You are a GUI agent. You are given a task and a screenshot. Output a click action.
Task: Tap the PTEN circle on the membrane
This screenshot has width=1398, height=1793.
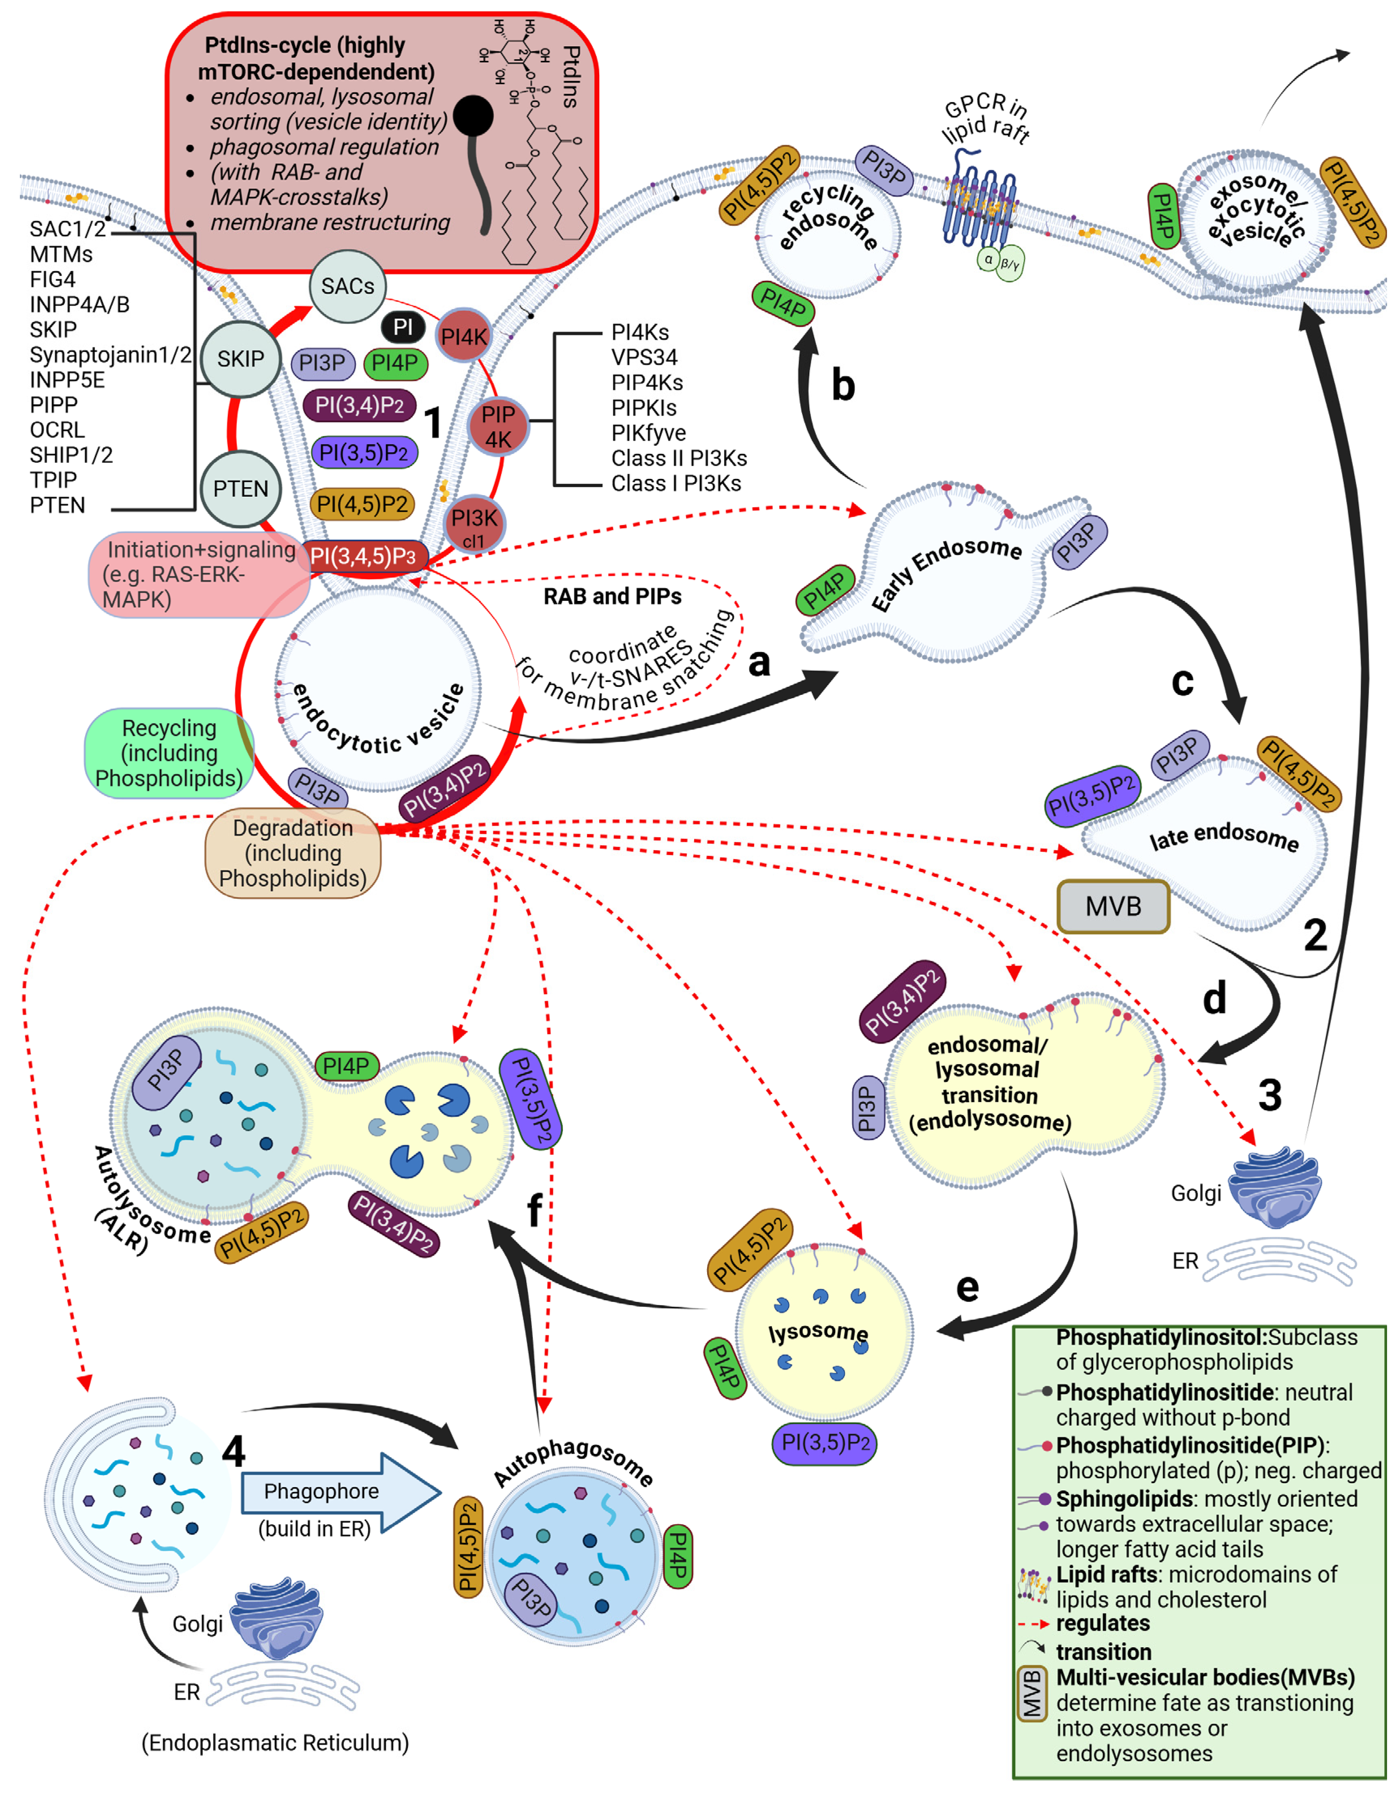point(241,489)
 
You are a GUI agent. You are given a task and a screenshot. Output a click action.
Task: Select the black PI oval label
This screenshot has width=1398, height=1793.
point(403,327)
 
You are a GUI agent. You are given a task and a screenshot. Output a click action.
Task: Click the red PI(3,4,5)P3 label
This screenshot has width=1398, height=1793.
point(363,557)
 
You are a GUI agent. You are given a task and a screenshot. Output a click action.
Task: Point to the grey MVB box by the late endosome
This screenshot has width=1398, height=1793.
point(1113,906)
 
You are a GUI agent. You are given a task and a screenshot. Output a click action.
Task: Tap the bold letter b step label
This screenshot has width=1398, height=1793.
point(843,386)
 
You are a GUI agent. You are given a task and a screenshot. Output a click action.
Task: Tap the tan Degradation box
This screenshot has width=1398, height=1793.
point(292,854)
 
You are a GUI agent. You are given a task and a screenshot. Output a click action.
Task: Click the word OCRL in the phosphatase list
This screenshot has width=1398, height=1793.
point(58,430)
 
